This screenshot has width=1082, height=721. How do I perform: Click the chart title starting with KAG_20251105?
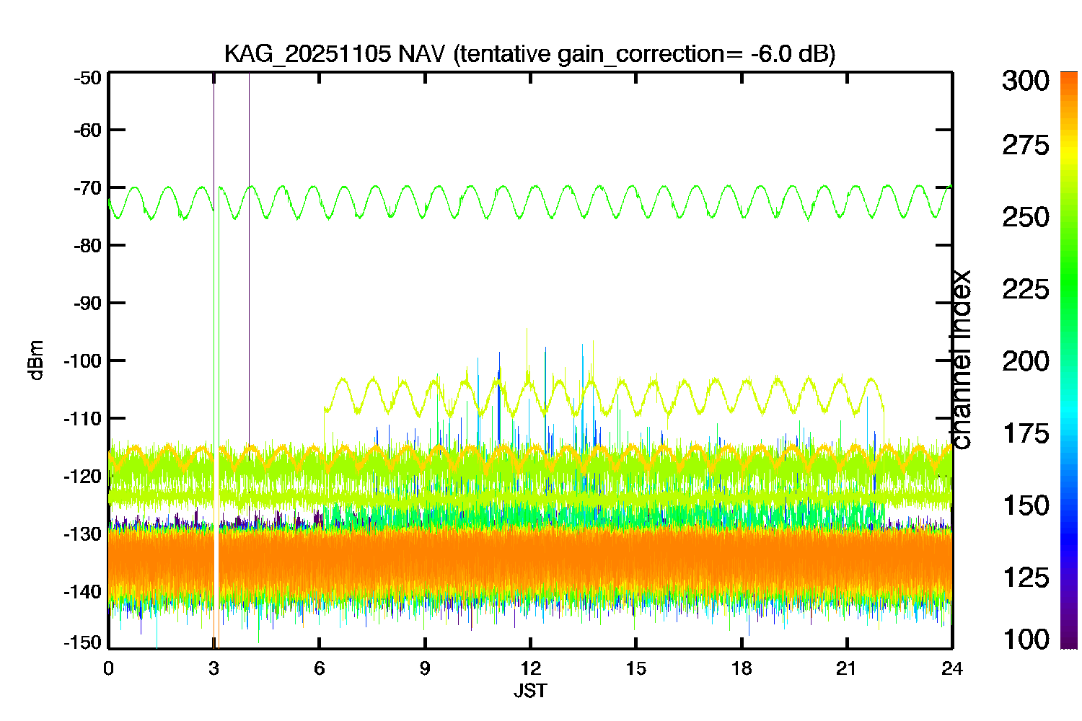(x=530, y=53)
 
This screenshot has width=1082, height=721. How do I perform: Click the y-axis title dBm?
(x=36, y=360)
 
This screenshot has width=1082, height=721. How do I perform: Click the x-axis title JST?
(x=530, y=691)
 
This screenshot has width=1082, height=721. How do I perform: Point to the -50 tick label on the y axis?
(x=88, y=78)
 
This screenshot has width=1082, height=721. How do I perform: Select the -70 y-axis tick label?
(x=88, y=188)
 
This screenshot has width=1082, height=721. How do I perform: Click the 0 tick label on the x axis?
(x=108, y=669)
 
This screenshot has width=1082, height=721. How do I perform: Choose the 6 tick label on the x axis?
(x=320, y=669)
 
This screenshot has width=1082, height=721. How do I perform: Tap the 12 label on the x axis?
(x=530, y=669)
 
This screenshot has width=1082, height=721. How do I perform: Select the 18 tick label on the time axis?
(x=742, y=669)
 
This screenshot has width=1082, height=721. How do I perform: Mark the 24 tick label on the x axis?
(x=952, y=669)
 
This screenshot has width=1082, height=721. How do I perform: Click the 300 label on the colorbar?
(x=1026, y=81)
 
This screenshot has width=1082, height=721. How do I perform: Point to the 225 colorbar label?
(x=1026, y=290)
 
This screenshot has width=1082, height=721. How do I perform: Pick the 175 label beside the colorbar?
(x=1026, y=433)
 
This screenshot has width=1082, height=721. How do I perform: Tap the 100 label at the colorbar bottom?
(x=1026, y=639)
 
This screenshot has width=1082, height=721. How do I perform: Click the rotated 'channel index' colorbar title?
(x=960, y=360)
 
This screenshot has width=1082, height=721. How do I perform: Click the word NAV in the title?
(x=421, y=53)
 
